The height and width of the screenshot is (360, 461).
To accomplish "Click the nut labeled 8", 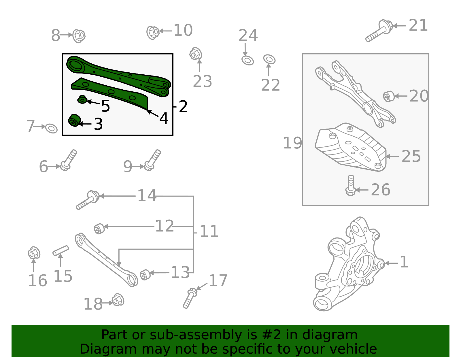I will click(78, 36).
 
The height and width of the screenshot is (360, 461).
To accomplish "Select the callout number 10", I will click(183, 31).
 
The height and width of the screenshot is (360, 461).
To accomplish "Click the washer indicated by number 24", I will click(247, 61).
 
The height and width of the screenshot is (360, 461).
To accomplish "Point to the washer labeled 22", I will click(269, 59).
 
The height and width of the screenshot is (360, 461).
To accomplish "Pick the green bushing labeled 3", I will click(74, 120).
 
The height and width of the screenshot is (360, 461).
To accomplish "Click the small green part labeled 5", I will click(82, 100).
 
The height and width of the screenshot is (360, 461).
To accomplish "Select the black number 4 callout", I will click(164, 118).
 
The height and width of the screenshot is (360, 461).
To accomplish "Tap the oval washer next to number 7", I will click(52, 128).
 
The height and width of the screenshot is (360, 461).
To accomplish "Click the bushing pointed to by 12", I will click(99, 228).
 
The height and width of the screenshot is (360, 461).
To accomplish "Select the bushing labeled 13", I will click(145, 274).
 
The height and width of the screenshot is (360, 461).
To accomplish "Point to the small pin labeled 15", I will click(61, 250).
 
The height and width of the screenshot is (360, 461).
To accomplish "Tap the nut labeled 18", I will click(118, 300).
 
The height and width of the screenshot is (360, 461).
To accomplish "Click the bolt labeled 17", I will click(189, 298).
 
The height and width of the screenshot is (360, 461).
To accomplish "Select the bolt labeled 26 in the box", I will click(350, 186).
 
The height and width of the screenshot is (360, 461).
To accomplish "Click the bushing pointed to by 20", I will click(389, 96).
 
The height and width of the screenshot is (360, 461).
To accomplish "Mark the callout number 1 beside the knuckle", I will click(404, 262).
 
